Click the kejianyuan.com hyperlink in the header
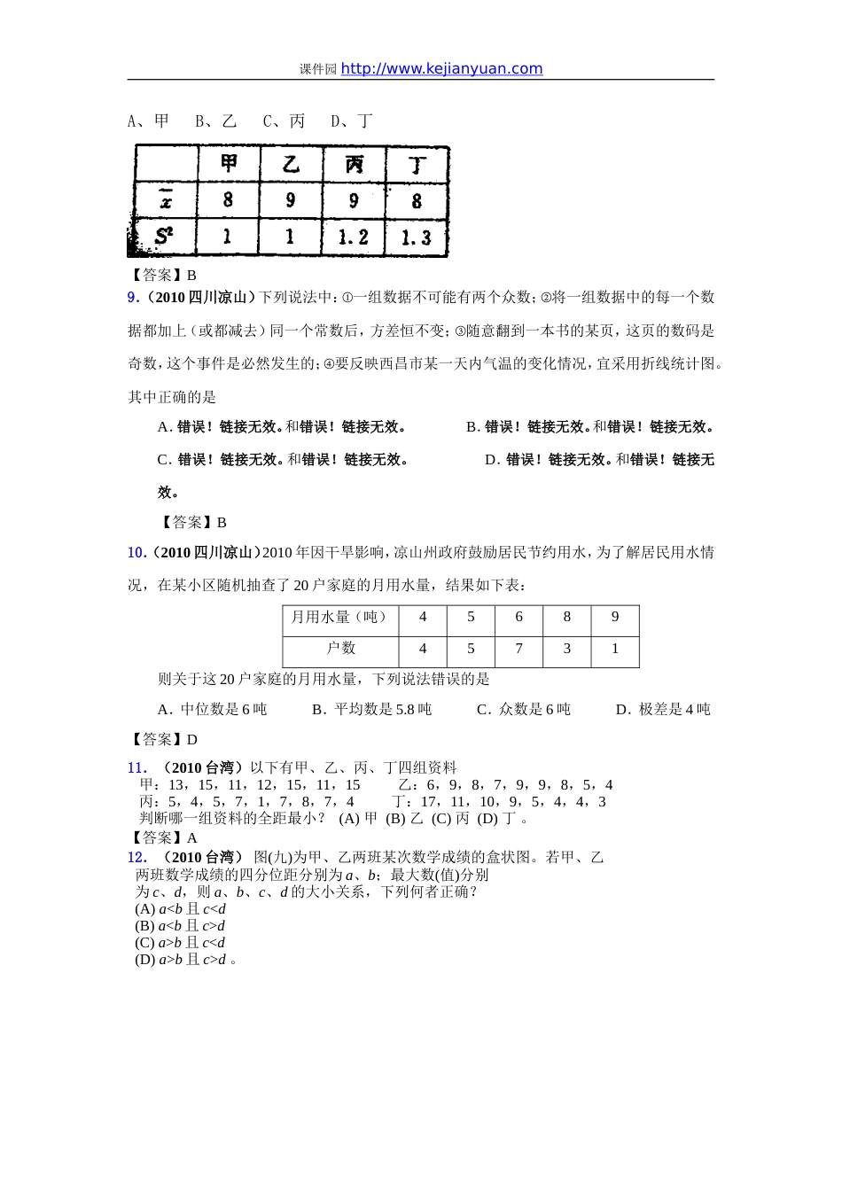point(441,69)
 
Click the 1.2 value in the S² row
point(353,237)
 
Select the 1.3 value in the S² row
point(416,237)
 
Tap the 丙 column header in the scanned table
point(354,164)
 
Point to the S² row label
point(164,237)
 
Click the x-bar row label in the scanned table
point(166,200)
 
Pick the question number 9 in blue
point(133,298)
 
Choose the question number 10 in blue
point(136,553)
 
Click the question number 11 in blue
point(136,768)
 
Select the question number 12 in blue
point(136,857)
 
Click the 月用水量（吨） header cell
point(340,618)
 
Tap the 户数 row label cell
point(340,649)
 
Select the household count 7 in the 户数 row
point(518,649)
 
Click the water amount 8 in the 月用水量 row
point(567,618)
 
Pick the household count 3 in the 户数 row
point(567,649)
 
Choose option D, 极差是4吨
point(663,710)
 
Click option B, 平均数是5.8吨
point(372,710)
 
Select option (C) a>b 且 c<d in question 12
point(180,943)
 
